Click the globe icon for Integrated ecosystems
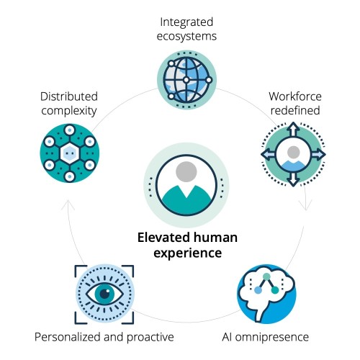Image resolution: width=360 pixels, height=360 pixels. click(186, 80)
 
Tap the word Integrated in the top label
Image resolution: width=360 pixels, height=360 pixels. click(186, 22)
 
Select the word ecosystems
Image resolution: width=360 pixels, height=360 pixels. click(186, 37)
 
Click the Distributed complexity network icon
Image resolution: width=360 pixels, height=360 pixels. click(70, 153)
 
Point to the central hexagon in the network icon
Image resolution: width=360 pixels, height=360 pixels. click(70, 153)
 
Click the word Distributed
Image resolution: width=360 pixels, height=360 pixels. click(69, 96)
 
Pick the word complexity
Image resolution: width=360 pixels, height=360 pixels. click(69, 111)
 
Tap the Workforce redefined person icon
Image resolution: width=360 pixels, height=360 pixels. click(293, 154)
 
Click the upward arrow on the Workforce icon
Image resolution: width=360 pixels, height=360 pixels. click(293, 130)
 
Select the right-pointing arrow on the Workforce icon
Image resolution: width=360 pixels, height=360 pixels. click(318, 154)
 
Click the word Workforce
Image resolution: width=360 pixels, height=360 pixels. click(295, 96)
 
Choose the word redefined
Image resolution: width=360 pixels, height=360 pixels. click(295, 111)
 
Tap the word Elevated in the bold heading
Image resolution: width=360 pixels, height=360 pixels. click(163, 238)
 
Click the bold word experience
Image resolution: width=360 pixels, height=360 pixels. click(188, 253)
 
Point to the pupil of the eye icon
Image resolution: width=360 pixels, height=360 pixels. click(105, 294)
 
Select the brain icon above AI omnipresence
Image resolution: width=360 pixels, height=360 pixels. click(266, 294)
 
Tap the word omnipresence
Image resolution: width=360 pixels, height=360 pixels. click(272, 338)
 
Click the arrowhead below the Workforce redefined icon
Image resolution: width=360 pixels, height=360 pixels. click(305, 205)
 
